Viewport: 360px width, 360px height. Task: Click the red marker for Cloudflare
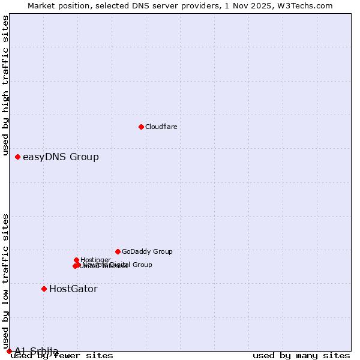coord(141,127)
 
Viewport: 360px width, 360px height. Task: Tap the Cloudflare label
coord(161,127)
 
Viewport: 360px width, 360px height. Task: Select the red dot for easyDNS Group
coord(17,157)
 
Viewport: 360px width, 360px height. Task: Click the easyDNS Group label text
coord(61,157)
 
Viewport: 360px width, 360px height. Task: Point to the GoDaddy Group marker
coord(118,251)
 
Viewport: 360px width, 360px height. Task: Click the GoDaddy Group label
coord(147,252)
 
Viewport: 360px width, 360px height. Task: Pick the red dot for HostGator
coord(44,289)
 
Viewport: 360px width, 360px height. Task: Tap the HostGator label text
coord(73,289)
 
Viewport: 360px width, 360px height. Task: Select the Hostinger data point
coord(76,260)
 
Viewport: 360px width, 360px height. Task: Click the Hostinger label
coord(95,260)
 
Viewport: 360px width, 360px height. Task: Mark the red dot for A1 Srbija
coord(9,351)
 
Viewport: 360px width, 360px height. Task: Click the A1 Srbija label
coord(37,351)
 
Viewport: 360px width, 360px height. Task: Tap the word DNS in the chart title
coord(145,6)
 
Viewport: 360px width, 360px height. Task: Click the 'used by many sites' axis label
coord(301,356)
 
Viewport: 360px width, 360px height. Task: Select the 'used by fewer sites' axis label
coord(62,356)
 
